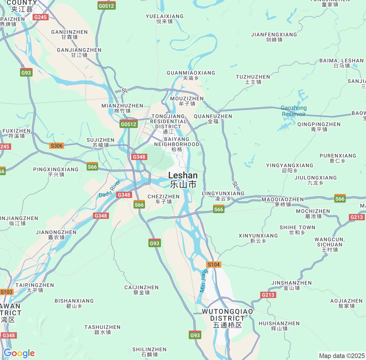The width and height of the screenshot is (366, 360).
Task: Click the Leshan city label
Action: [183, 180]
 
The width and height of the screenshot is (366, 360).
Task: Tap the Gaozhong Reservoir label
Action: [294, 111]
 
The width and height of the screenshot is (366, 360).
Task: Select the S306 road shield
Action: [56, 146]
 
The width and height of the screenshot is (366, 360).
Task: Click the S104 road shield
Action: [214, 265]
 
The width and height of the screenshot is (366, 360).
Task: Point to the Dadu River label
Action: [109, 189]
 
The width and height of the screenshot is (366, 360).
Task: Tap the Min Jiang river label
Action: [203, 281]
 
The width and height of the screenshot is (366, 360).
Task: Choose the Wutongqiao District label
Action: [227, 318]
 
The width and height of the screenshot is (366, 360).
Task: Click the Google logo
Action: [19, 353]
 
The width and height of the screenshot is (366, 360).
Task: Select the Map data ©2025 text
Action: [342, 356]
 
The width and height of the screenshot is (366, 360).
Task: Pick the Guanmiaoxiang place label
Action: [191, 75]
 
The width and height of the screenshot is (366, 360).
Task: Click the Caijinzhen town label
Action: [141, 290]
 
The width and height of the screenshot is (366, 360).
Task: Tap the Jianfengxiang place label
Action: [274, 37]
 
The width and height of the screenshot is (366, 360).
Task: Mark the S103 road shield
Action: [6, 292]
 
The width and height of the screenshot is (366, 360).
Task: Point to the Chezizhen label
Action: [163, 199]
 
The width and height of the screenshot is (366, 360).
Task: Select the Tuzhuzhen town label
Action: [253, 79]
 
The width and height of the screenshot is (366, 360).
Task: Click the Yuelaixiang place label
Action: [164, 19]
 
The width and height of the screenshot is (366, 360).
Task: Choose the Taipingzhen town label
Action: [35, 287]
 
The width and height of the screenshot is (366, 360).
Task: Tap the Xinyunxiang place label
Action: [258, 238]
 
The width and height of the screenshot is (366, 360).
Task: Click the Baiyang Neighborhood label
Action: [176, 144]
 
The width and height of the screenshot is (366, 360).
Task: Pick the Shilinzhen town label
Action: [149, 352]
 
